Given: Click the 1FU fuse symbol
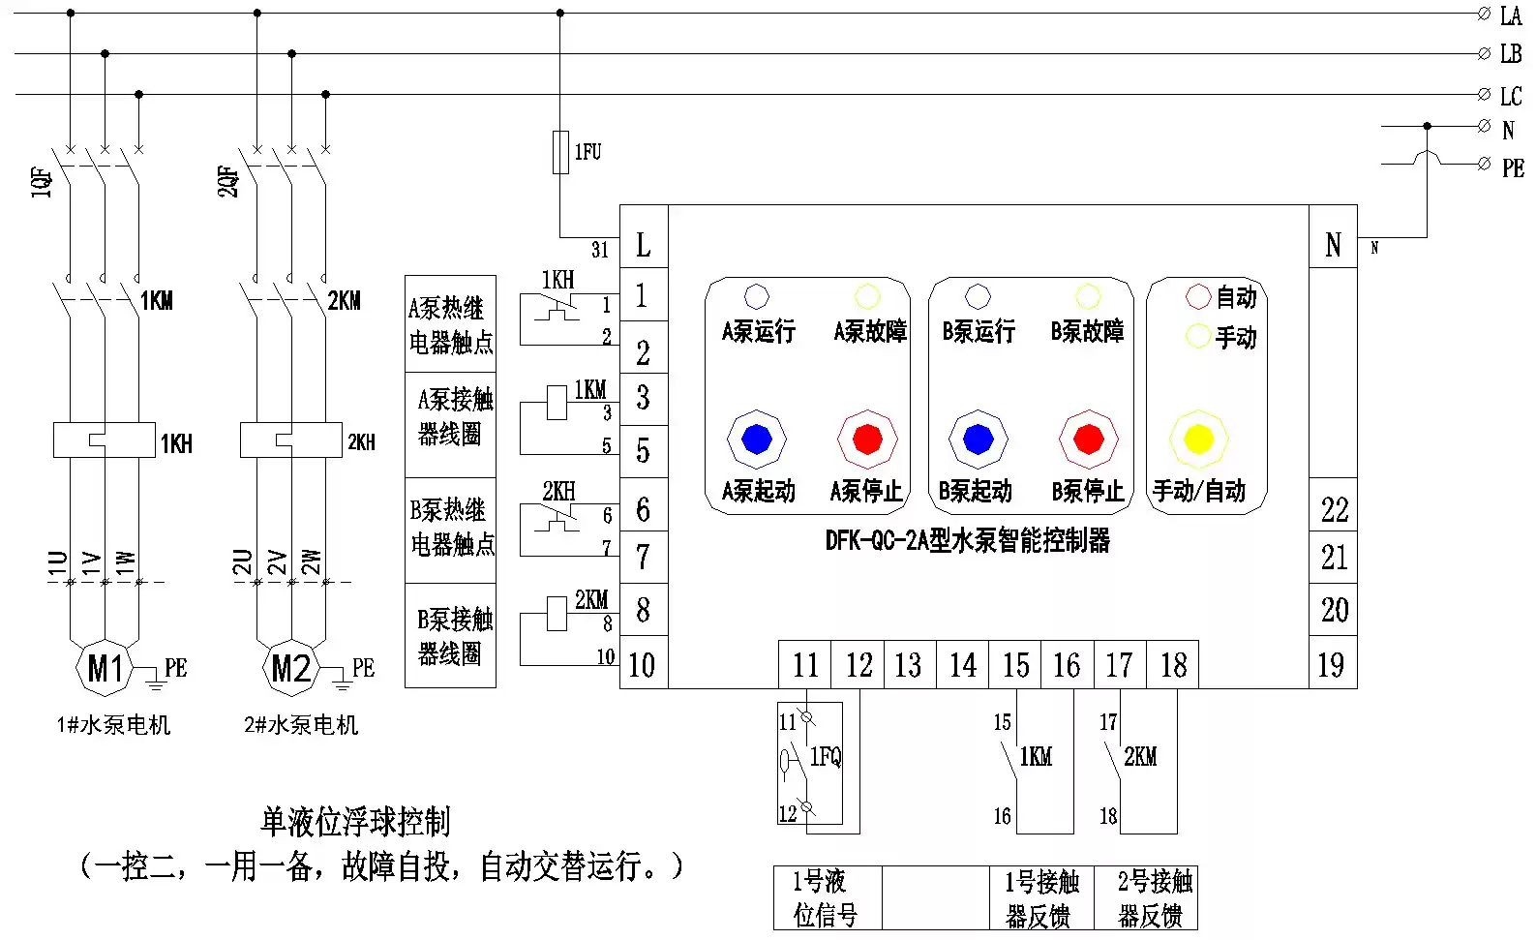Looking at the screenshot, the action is click(560, 152).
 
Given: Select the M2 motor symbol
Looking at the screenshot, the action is click(291, 668).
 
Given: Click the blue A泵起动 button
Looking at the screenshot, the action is click(756, 439).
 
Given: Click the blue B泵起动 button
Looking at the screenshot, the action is click(978, 439).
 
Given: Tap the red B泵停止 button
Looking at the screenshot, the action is click(1088, 439).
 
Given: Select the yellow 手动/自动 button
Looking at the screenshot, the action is click(1198, 439).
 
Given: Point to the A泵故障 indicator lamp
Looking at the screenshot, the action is click(867, 297).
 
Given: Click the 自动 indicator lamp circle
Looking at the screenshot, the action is click(1198, 297).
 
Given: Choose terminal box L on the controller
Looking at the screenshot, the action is click(644, 236).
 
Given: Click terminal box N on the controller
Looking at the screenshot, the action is click(1333, 236).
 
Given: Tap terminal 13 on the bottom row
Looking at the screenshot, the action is click(910, 664).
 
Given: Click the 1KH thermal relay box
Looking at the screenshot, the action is click(105, 440).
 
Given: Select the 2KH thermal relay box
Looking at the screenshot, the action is click(290, 440).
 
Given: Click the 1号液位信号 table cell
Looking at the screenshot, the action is click(828, 898).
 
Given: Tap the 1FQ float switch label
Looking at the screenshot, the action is click(825, 757).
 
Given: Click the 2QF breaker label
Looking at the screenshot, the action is click(228, 181).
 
